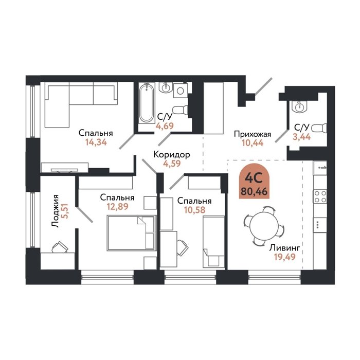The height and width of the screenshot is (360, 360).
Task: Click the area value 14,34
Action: (96, 142)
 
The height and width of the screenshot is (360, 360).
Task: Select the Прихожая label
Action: (253, 134)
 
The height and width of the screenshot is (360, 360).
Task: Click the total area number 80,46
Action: (255, 191)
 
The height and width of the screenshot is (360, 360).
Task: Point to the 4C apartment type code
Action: (254, 178)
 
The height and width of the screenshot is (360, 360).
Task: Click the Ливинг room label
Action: (285, 248)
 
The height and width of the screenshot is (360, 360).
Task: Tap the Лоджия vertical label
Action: (55, 211)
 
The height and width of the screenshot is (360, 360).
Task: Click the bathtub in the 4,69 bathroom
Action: (147, 103)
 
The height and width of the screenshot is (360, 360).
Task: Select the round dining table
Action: (264, 226)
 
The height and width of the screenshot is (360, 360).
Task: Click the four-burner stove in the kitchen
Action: (320, 196)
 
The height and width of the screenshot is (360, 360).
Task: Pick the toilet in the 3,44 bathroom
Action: (319, 128)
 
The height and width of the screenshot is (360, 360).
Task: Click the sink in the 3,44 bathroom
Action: (299, 106)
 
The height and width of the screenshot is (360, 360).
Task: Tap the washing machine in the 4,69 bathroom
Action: (181, 91)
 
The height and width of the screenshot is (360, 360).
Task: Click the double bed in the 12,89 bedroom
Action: (132, 232)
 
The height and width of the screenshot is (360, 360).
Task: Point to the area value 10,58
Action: (195, 210)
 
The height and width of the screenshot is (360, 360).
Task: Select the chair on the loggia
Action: (60, 247)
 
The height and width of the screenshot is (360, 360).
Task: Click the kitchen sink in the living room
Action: (320, 168)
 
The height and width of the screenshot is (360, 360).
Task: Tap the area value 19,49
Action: (285, 257)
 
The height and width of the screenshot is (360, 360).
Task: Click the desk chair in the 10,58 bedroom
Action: (182, 247)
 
